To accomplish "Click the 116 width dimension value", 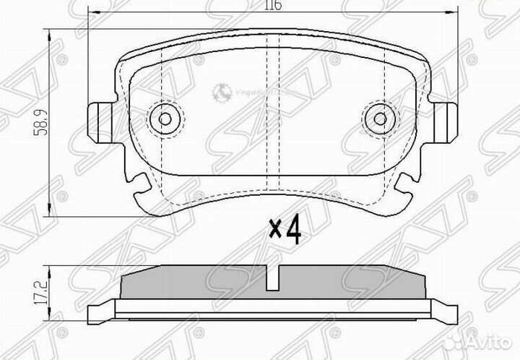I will coord(272,6).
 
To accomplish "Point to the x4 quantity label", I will coord(284,229).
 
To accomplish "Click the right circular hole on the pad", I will coord(377,119).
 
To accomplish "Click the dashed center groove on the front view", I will coord(272,116).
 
